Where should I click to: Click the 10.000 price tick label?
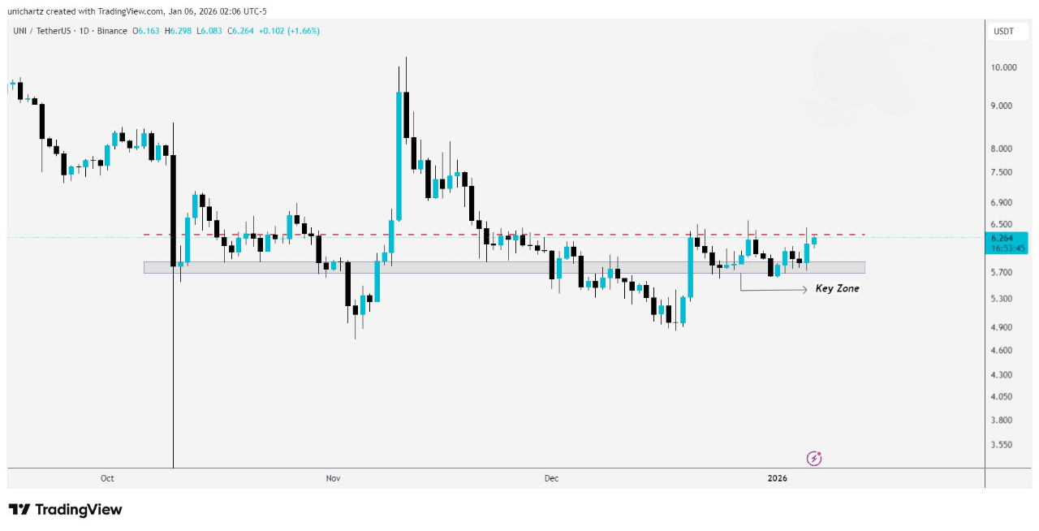(x=1003, y=67)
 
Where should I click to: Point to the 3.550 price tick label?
(x=1003, y=445)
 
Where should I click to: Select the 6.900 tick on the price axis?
(x=1003, y=202)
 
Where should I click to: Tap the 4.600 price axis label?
(x=1003, y=350)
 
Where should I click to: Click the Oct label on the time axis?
(x=107, y=478)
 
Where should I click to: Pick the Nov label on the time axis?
(x=333, y=478)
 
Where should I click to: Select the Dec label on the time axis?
(x=551, y=478)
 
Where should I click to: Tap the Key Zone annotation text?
(x=837, y=288)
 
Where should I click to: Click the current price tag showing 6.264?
(x=1007, y=238)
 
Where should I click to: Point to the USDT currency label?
(x=1003, y=31)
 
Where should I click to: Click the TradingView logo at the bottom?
(x=65, y=510)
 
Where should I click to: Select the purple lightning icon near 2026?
(x=814, y=459)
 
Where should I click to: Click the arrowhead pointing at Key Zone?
(x=804, y=289)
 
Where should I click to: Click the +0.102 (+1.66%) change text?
(x=288, y=31)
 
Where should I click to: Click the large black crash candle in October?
(x=173, y=209)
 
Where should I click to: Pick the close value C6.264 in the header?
(x=242, y=31)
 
